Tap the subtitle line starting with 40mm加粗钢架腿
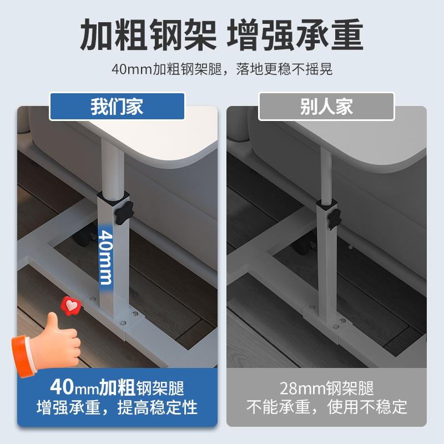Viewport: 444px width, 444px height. (221, 70)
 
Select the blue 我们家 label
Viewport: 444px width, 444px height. (117, 106)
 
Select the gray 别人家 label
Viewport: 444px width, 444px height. (326, 106)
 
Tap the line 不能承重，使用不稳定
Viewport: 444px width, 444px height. (326, 407)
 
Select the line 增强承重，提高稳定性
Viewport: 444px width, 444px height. (117, 407)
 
